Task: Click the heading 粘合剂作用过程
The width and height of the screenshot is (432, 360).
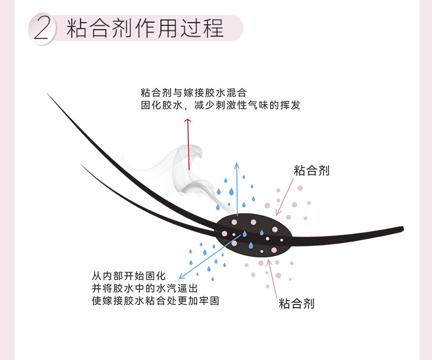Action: click(145, 28)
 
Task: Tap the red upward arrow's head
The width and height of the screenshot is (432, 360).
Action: click(188, 121)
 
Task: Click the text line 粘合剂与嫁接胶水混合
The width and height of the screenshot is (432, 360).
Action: click(193, 93)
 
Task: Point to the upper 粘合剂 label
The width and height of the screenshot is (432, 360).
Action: click(312, 171)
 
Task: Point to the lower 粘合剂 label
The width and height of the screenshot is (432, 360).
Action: click(296, 303)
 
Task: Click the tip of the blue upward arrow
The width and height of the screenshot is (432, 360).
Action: click(236, 161)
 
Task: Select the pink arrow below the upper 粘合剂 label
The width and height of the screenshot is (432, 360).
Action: click(284, 197)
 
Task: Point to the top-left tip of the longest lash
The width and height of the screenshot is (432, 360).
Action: click(49, 95)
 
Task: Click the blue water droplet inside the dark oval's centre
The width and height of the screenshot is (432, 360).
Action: click(245, 234)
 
